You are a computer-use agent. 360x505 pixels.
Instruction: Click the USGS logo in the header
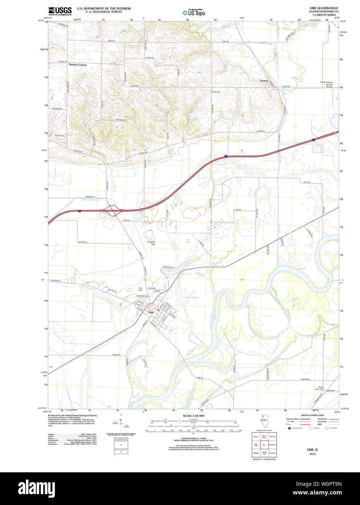pyautogui.click(x=60, y=11)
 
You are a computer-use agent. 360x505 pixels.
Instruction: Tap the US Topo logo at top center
pyautogui.click(x=194, y=12)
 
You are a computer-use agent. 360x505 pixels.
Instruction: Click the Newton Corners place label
pyautogui.click(x=78, y=65)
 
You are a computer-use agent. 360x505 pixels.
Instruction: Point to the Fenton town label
pyautogui.click(x=263, y=80)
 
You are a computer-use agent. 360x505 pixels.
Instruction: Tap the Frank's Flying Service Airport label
pyautogui.click(x=329, y=85)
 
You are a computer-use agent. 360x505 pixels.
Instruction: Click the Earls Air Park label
pyautogui.click(x=151, y=243)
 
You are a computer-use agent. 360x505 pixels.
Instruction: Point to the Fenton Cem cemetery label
pyautogui.click(x=216, y=92)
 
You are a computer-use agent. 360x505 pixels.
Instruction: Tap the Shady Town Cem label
pyautogui.click(x=320, y=388)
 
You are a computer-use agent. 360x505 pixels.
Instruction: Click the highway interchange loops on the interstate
pyautogui.click(x=113, y=210)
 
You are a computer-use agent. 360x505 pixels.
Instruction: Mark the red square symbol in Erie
pyautogui.click(x=158, y=310)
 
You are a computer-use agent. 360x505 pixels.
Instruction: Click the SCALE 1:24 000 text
pyautogui.click(x=193, y=416)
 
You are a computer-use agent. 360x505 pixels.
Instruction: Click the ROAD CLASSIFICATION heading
pyautogui.click(x=312, y=415)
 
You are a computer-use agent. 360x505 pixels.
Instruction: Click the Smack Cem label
pyautogui.click(x=60, y=136)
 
